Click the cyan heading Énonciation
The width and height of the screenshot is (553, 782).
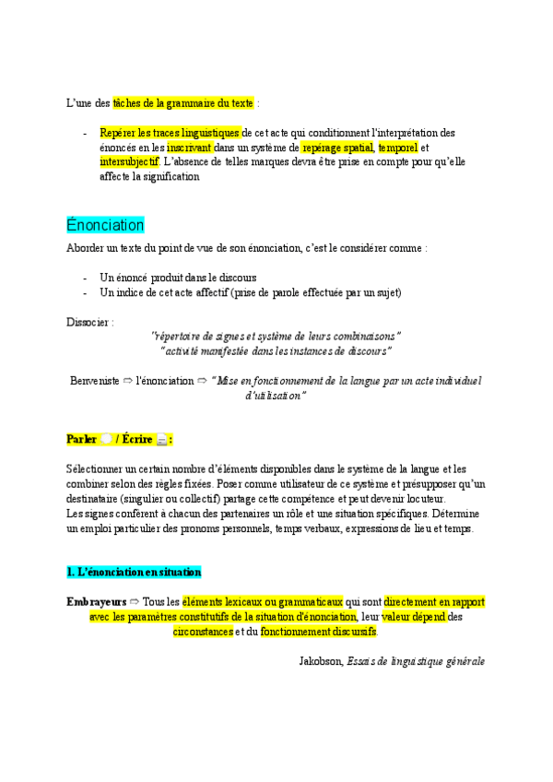point(105,225)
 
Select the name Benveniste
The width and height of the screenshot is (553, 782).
point(95,380)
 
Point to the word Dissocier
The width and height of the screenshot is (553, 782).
point(90,323)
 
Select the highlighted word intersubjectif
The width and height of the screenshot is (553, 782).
point(129,161)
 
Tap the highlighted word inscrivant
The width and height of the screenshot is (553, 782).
point(189,148)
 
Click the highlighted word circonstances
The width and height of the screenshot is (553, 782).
point(203,633)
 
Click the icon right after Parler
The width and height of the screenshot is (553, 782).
point(107,439)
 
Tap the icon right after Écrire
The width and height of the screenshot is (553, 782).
point(161,439)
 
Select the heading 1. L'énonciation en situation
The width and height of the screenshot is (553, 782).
point(134,572)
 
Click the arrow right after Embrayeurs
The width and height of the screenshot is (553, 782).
point(135,602)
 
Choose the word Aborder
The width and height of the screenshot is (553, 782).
point(87,249)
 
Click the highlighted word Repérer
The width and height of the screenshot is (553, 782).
point(118,134)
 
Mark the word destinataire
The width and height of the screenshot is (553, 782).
point(95,499)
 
